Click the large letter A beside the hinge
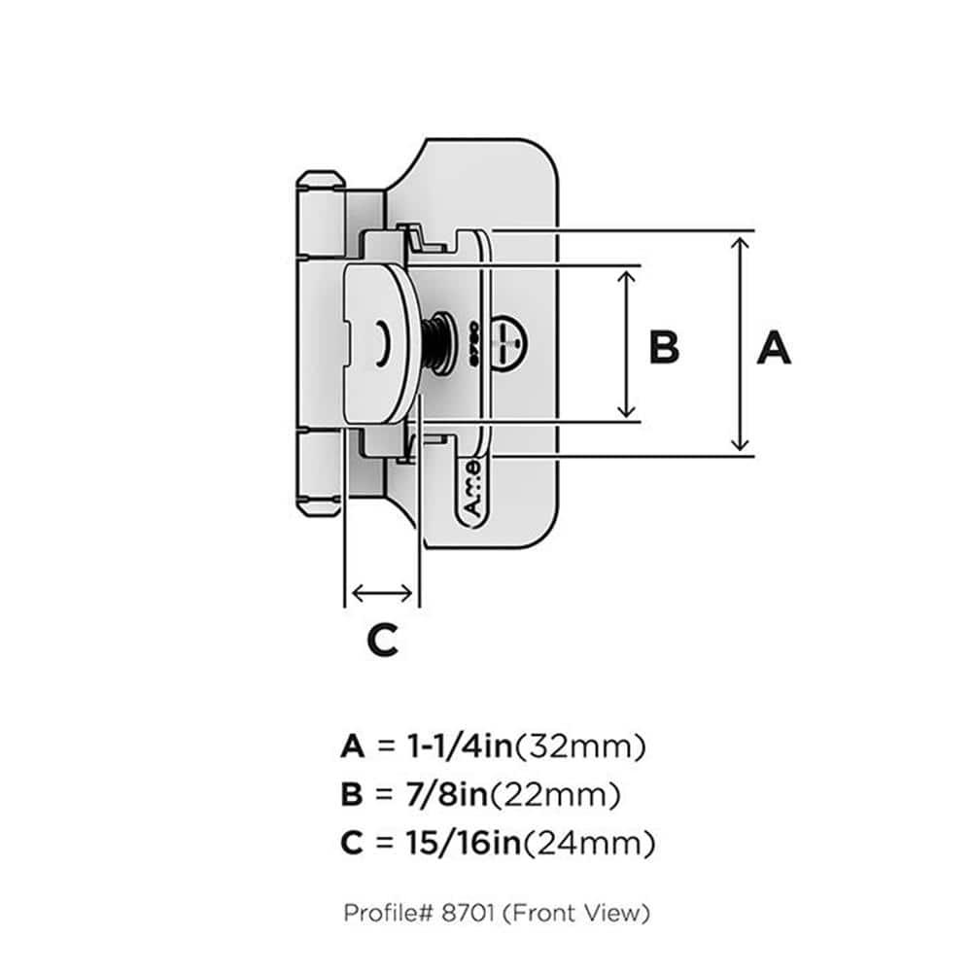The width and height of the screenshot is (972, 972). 774,347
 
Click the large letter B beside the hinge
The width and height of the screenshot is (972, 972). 664,347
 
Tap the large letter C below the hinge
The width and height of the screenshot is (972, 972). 382,639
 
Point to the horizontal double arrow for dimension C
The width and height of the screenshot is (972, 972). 381,591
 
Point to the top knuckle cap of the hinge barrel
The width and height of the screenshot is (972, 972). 319,182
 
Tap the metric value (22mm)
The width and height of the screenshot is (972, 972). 557,796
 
